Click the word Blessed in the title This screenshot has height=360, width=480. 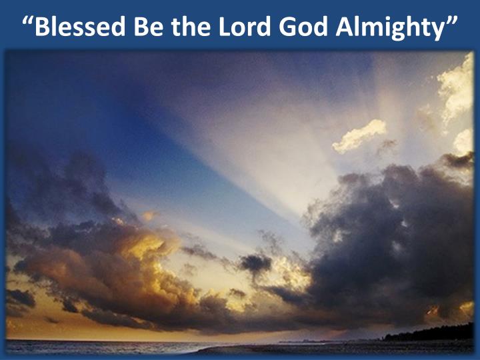[x=80, y=26]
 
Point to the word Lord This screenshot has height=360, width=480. [x=244, y=26]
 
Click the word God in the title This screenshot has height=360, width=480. [x=303, y=26]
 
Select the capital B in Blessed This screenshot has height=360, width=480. [x=42, y=27]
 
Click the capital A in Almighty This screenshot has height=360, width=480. [x=345, y=27]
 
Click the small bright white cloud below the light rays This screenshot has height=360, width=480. [x=359, y=136]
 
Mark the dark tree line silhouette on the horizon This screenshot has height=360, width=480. [x=429, y=332]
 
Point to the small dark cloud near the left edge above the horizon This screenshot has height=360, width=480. [x=21, y=298]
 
